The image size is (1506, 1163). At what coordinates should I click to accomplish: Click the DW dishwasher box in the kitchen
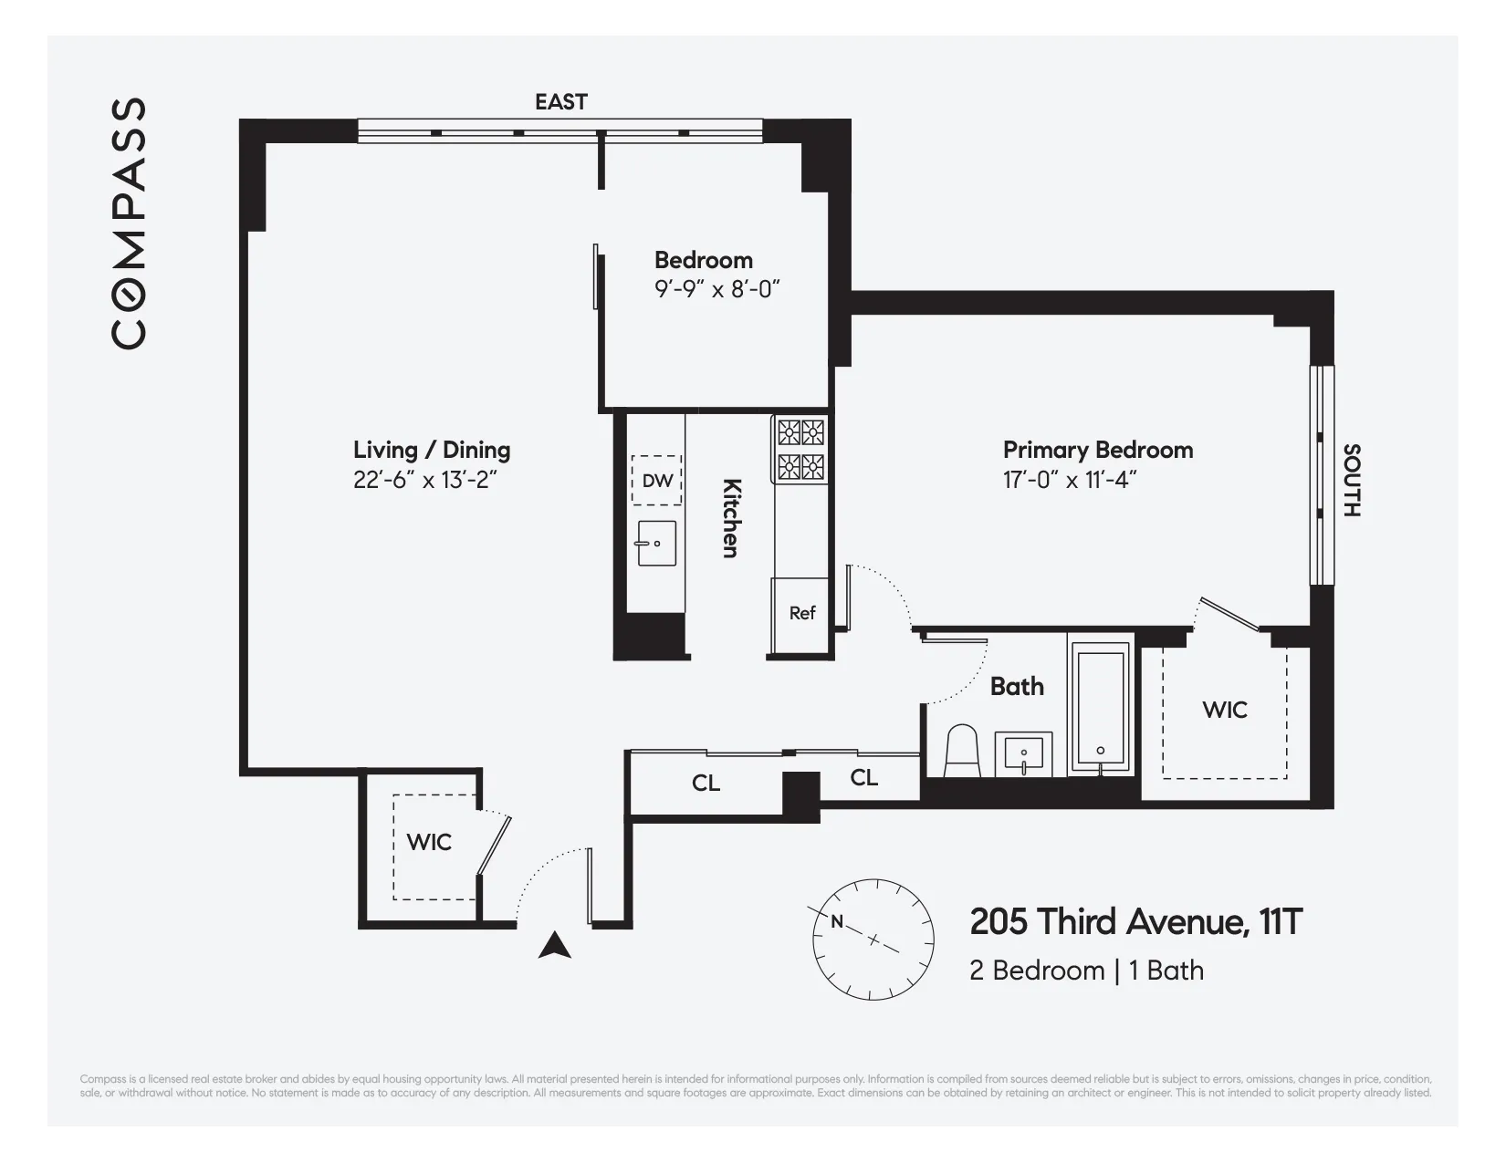[x=656, y=480]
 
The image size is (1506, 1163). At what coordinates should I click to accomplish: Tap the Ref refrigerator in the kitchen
[x=801, y=613]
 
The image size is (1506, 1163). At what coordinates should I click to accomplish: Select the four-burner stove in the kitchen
[x=801, y=449]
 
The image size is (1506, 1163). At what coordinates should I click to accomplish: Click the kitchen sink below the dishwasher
[x=656, y=544]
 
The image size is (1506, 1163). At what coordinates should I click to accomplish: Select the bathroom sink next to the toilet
[x=1023, y=753]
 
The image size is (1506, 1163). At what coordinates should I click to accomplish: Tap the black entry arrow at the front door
[x=554, y=946]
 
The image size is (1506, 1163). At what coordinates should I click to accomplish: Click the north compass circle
[x=873, y=940]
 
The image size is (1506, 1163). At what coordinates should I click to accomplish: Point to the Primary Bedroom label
[x=1097, y=450]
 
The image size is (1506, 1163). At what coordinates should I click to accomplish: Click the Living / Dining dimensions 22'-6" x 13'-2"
[x=424, y=480]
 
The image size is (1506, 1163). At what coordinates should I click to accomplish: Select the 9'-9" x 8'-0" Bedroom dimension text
[x=716, y=290]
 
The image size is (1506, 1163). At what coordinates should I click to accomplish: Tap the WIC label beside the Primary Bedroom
[x=1224, y=710]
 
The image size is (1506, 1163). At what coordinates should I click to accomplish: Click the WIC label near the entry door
[x=429, y=841]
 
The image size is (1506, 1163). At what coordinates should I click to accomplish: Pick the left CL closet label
[x=706, y=783]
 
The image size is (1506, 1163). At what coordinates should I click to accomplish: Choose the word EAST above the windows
[x=560, y=101]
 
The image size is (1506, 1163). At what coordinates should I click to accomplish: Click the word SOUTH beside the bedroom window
[x=1352, y=480]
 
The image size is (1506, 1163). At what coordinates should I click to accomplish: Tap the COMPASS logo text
[x=129, y=223]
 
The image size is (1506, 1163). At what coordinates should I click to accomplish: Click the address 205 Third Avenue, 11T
[x=1135, y=922]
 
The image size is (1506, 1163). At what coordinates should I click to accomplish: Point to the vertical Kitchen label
[x=731, y=517]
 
